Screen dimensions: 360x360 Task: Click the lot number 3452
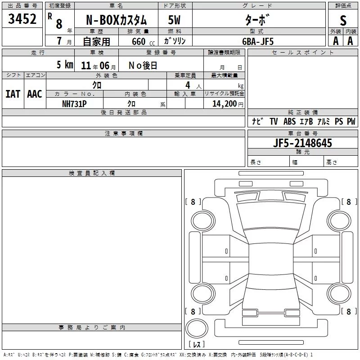[22, 19]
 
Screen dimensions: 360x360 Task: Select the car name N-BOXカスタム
[116, 20]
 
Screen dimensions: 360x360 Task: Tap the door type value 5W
[174, 20]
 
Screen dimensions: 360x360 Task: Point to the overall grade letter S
[343, 21]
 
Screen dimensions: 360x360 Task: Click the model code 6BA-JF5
[258, 41]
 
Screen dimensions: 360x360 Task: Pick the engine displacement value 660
[139, 42]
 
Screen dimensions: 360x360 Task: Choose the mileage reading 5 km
[65, 65]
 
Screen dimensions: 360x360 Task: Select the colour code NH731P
[74, 104]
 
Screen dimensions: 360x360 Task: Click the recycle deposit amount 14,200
[225, 104]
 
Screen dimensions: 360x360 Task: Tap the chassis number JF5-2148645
[302, 143]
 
